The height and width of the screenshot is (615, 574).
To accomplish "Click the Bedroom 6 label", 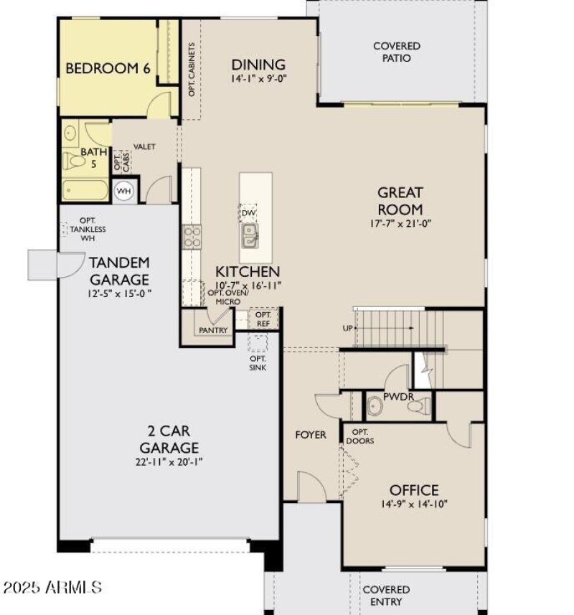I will click(108, 69).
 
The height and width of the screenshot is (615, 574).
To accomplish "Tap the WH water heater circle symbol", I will click(123, 191).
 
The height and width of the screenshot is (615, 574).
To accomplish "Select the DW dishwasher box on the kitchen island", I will click(248, 213).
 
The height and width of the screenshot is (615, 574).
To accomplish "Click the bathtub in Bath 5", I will click(85, 191).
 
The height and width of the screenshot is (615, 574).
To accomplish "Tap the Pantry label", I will click(213, 330).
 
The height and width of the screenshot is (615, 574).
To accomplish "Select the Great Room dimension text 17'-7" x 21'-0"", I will click(400, 223).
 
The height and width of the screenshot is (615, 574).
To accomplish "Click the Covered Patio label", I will click(397, 52).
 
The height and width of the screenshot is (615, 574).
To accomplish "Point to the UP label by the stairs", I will click(347, 328).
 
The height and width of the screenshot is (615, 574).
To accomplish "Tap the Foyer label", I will click(311, 435).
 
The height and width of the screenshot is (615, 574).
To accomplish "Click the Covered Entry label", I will click(386, 596).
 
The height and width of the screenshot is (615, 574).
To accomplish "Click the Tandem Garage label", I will click(120, 271).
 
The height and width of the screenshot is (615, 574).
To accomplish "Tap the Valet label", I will click(144, 146).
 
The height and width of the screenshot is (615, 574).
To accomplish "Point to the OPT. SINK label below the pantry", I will click(258, 362).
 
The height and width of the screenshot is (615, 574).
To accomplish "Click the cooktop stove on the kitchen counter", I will click(192, 236).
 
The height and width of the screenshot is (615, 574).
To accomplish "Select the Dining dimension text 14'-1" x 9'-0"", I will click(258, 78).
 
